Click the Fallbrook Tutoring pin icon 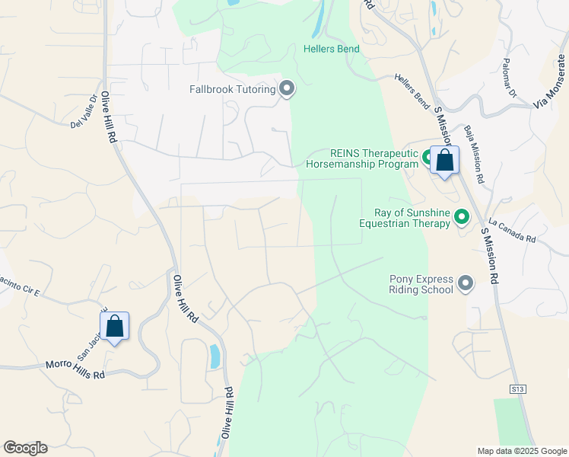pyautogui.click(x=287, y=90)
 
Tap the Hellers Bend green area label pyautogui.click(x=331, y=49)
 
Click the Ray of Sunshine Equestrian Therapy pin pyautogui.click(x=461, y=218)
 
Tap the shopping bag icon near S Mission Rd pyautogui.click(x=444, y=161)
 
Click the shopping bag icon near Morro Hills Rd pyautogui.click(x=114, y=327)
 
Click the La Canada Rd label pyautogui.click(x=513, y=232)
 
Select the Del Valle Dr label pyautogui.click(x=84, y=112)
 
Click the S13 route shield pyautogui.click(x=518, y=389)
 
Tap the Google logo pyautogui.click(x=25, y=448)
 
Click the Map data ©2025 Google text pyautogui.click(x=521, y=451)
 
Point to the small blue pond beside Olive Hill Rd pyautogui.click(x=215, y=356)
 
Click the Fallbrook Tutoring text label pyautogui.click(x=232, y=90)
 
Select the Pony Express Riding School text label pyautogui.click(x=421, y=284)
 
